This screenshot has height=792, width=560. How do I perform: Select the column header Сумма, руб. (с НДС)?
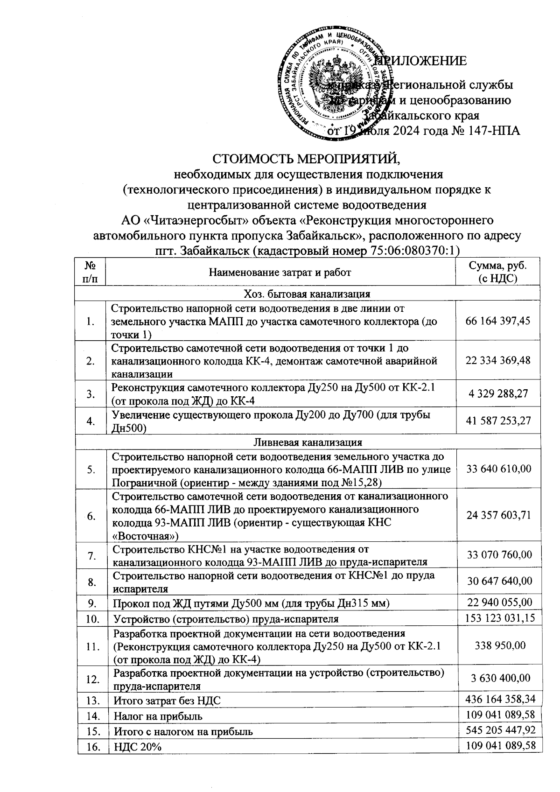tap(497, 272)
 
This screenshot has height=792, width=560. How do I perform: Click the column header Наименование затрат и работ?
tap(280, 272)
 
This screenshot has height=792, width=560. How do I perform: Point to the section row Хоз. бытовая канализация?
tap(307, 294)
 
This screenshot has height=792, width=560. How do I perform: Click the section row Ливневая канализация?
tap(308, 442)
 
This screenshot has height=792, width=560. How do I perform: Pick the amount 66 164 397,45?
tap(498, 321)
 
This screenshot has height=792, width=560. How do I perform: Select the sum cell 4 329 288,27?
tap(498, 393)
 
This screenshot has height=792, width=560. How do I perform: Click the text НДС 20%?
tap(138, 747)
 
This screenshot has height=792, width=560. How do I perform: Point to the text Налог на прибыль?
tap(158, 716)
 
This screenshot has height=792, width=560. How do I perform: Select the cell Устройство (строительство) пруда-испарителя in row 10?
tap(226, 619)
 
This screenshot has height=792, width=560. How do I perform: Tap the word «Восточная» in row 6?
tap(145, 535)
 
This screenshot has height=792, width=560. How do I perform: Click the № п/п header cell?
tap(91, 272)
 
